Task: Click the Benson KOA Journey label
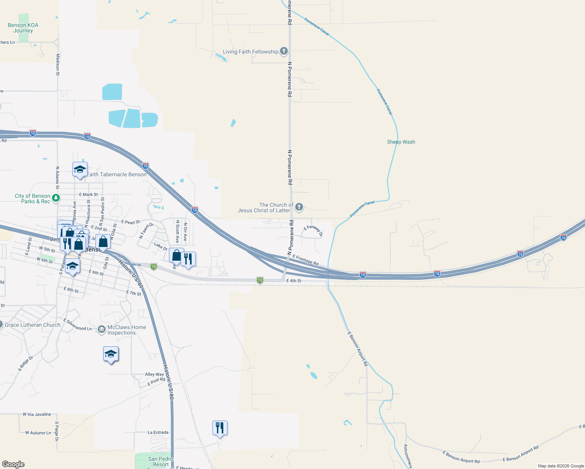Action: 23,28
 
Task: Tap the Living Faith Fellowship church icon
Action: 284,51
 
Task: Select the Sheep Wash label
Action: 401,142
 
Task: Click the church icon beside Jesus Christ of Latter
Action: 299,207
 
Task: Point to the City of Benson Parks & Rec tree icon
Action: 56,198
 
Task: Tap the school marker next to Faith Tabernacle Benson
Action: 80,170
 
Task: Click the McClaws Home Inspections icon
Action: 102,330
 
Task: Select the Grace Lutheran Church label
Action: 32,325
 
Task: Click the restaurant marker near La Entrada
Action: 220,428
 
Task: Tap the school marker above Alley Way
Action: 111,354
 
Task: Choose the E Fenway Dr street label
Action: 313,231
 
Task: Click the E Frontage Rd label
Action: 305,260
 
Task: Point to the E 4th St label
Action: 294,281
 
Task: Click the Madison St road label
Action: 58,64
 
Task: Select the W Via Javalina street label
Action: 37,414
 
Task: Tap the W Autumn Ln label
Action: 38,433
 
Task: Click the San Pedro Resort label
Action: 160,462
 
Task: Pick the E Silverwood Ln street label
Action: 78,325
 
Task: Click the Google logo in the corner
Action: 13,464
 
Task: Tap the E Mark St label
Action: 88,194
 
